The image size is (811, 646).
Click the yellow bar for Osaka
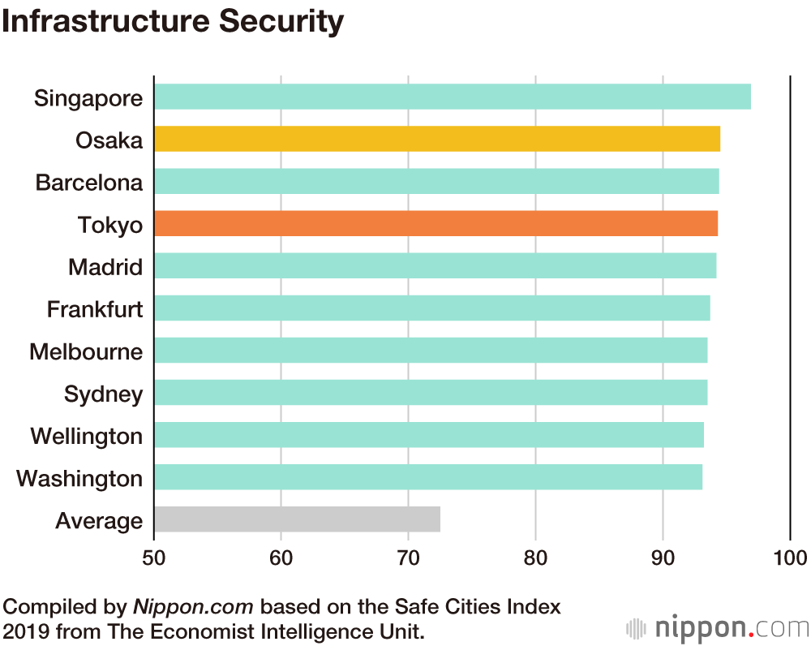437,140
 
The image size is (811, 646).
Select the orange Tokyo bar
436,224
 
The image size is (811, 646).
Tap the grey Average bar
297,519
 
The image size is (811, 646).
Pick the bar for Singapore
452,97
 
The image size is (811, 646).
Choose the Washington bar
428,477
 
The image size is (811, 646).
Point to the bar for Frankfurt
431,308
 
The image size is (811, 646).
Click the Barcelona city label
89,183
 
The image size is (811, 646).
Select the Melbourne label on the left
86,351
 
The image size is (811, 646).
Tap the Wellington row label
87,436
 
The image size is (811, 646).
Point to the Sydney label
104,394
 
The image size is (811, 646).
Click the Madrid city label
105,267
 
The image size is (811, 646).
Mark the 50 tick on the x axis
154,558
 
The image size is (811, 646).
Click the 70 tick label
408,558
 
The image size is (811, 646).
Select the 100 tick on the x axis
790,558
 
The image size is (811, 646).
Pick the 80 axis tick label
535,558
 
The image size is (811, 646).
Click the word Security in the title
277,22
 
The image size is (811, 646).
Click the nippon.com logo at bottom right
719,627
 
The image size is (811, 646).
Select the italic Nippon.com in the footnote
193,606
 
